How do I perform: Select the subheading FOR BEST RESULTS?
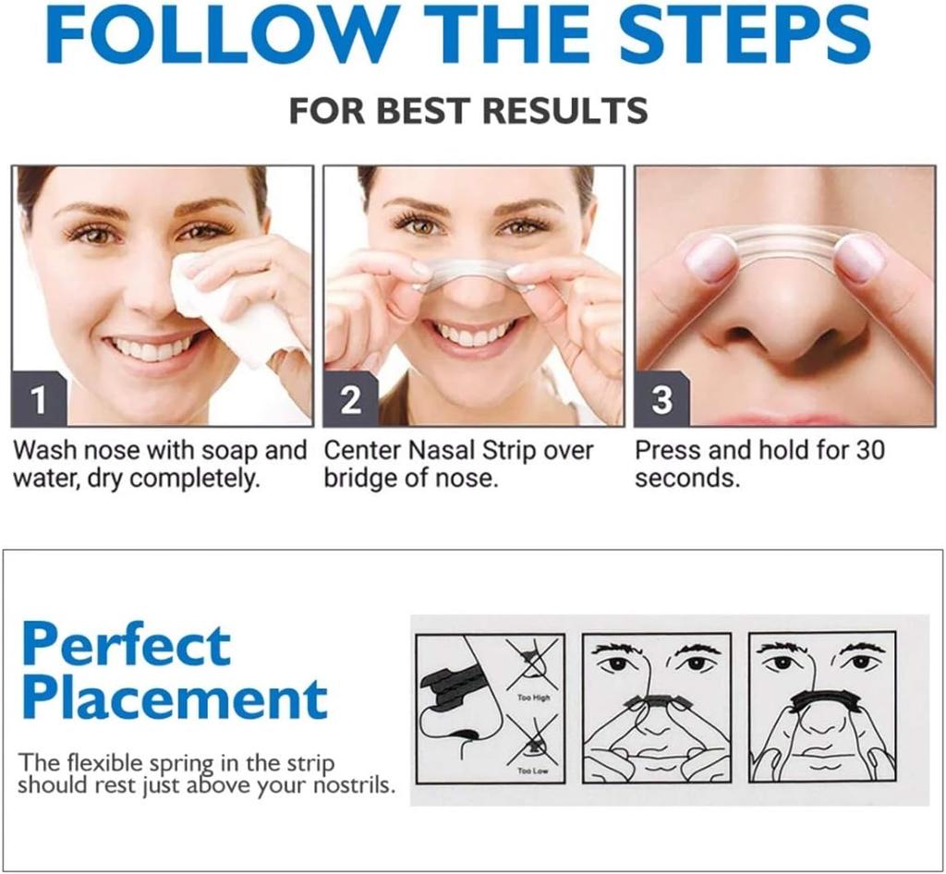coord(467,111)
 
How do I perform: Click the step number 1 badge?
coord(38,399)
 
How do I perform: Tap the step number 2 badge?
coord(350,399)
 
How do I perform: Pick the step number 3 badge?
coord(661,399)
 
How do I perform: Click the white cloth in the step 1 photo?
coord(231,305)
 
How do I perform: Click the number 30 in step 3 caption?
coord(867,451)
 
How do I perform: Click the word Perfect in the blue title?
coord(126,644)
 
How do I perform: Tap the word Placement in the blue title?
coord(174,698)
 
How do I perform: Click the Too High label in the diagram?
coord(533,698)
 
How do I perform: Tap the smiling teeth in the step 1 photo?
coord(152,349)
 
